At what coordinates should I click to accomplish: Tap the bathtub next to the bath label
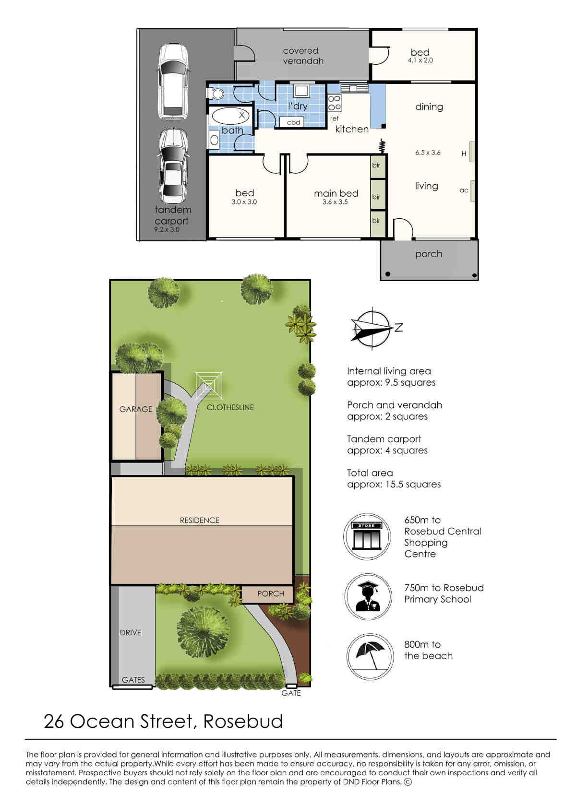point(230,116)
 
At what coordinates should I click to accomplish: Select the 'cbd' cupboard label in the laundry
point(294,122)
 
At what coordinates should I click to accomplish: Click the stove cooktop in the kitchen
point(335,103)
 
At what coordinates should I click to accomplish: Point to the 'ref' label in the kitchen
point(334,118)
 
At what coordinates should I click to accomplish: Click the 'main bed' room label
point(336,193)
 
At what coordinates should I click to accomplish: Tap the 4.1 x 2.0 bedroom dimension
point(420,60)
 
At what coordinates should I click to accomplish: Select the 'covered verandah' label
point(303,56)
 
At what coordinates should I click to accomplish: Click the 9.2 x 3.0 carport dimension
point(167,229)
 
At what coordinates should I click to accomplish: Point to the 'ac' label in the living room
point(464,190)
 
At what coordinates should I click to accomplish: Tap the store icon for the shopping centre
point(367,536)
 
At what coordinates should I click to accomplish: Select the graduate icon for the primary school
point(368,596)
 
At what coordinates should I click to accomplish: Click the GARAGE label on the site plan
point(136,409)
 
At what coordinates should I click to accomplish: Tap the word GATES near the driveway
point(133,680)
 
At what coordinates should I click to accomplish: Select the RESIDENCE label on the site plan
point(199,520)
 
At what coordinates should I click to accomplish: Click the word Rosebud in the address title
point(243,722)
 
